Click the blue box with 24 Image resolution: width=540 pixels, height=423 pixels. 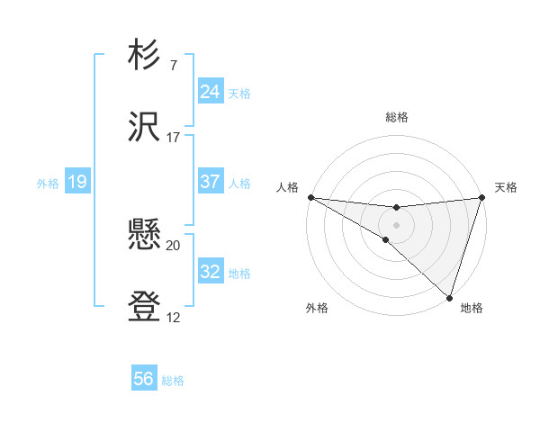[x=210, y=92]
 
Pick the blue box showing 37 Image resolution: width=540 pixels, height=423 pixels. [x=210, y=182]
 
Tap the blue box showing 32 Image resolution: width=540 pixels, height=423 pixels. [x=210, y=273]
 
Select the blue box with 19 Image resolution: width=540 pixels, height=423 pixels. [x=76, y=183]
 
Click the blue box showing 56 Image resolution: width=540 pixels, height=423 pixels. [x=144, y=380]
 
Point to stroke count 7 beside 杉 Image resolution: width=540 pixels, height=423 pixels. [x=173, y=66]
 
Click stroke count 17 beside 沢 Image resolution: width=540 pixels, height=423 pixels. [x=174, y=138]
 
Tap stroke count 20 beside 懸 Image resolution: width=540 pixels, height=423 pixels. [x=174, y=246]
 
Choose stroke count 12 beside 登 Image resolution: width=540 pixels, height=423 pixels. [x=174, y=318]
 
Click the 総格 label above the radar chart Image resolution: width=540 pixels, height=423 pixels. [x=396, y=117]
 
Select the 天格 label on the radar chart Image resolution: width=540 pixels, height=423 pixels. [x=506, y=187]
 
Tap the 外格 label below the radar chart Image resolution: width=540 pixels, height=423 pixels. [x=316, y=308]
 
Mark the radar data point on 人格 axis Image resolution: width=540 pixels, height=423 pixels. [x=310, y=197]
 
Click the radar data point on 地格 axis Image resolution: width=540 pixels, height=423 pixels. [x=448, y=297]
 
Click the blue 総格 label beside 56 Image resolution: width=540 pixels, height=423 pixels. [x=173, y=381]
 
